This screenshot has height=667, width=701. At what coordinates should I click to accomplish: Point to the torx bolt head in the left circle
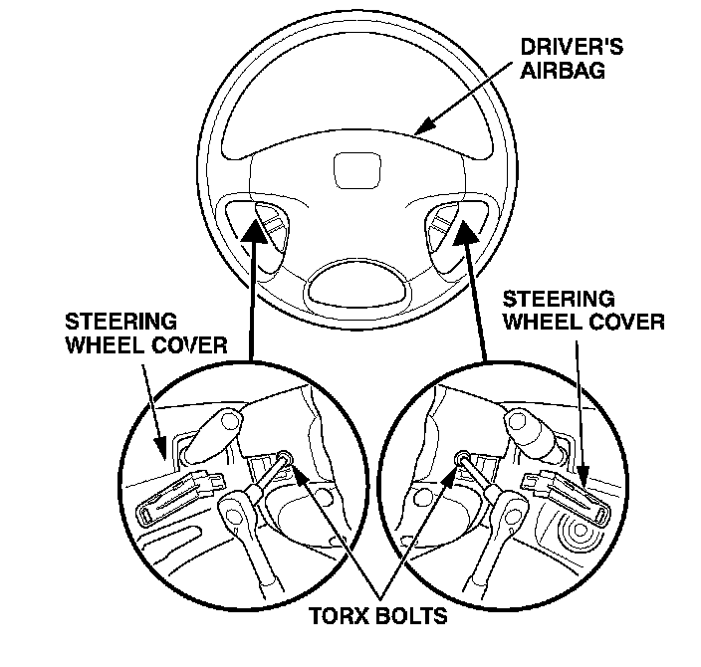pos(286,459)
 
